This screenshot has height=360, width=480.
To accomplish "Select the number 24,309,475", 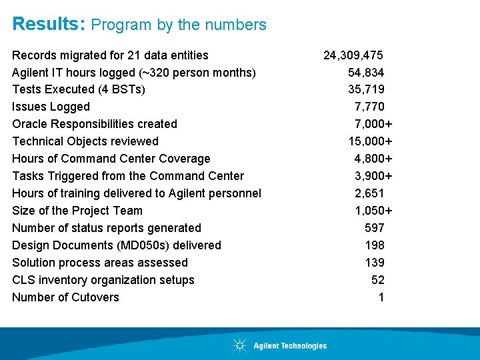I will tap(353, 55).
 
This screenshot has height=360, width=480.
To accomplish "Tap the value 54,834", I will tap(365, 72).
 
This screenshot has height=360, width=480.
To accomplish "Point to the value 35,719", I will tap(366, 89).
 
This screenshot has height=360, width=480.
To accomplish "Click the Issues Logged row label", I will tap(51, 107).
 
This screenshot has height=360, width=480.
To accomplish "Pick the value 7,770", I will tap(369, 107).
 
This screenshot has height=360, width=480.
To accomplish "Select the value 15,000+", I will tap(370, 141).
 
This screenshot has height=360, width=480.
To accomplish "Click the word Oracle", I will tap(30, 124).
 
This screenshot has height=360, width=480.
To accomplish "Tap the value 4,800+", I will tap(373, 159).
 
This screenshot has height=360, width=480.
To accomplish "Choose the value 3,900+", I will tap(373, 176).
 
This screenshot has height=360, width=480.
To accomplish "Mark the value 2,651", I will tap(369, 193).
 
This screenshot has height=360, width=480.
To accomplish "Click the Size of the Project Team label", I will tap(77, 211).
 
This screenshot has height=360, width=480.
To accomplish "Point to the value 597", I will tap(375, 228).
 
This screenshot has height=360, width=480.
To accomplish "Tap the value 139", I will tap(375, 263).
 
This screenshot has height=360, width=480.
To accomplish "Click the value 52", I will tap(377, 280).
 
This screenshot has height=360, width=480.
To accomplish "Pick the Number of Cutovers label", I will tap(65, 297).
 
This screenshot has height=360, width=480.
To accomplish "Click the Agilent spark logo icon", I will tap(239, 345).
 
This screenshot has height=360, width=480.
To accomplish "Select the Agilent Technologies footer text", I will tap(290, 346).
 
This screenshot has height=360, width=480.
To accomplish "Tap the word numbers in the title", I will tap(237, 25).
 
